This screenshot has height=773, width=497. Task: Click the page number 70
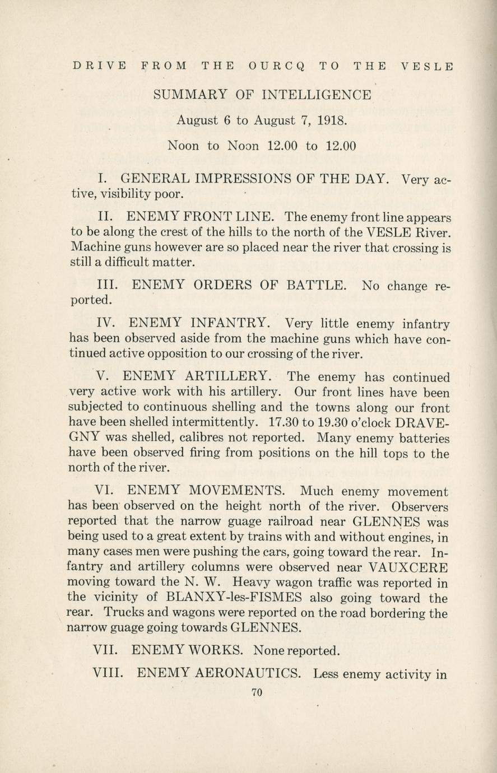pos(257,692)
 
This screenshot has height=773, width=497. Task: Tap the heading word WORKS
pos(218,650)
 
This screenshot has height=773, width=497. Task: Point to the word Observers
pos(420,507)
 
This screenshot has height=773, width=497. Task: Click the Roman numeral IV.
pos(106,323)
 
